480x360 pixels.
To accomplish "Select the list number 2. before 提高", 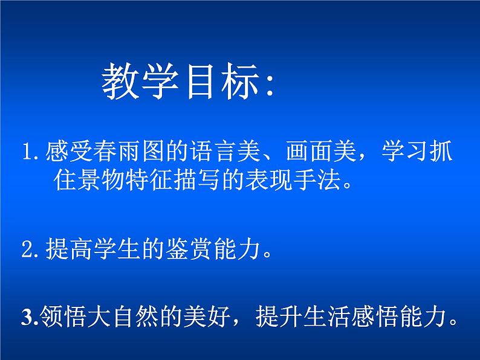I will (30, 252).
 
